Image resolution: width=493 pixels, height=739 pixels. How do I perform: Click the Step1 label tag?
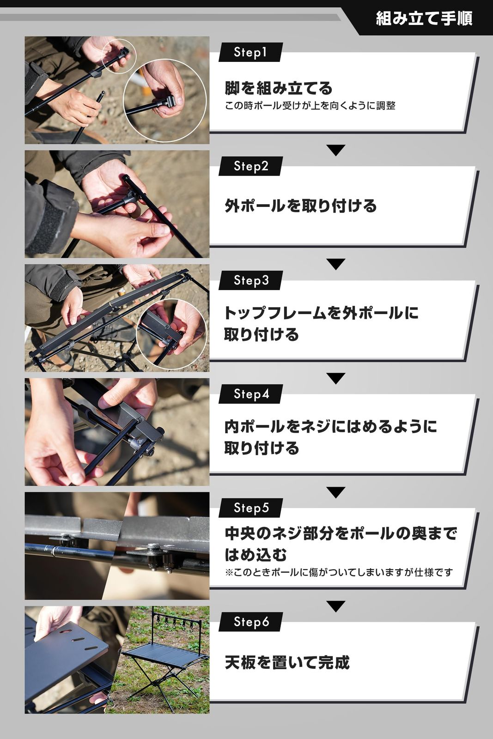click(250, 52)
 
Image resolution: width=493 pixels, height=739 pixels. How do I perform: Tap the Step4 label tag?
click(251, 394)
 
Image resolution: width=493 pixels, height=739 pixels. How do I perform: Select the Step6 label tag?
click(251, 622)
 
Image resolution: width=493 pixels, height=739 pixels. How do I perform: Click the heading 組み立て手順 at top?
click(423, 18)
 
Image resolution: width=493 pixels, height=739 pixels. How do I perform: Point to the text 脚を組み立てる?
click(279, 88)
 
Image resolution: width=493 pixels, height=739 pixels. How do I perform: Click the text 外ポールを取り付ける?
click(300, 206)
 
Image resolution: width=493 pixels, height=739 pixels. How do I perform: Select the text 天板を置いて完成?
click(287, 662)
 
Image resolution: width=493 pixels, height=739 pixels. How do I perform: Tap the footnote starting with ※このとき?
click(339, 572)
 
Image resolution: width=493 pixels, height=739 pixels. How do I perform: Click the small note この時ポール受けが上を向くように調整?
click(310, 106)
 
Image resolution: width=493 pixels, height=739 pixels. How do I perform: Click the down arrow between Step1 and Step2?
click(336, 150)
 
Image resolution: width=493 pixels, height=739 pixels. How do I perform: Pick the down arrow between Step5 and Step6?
click(336, 606)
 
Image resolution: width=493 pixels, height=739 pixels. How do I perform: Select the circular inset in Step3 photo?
click(171, 333)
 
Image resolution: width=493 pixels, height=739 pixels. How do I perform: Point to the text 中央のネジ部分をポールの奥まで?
click(341, 533)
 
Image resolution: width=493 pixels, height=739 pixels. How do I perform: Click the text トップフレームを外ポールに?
click(321, 313)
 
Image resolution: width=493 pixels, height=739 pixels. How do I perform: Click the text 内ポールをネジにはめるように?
click(330, 426)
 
